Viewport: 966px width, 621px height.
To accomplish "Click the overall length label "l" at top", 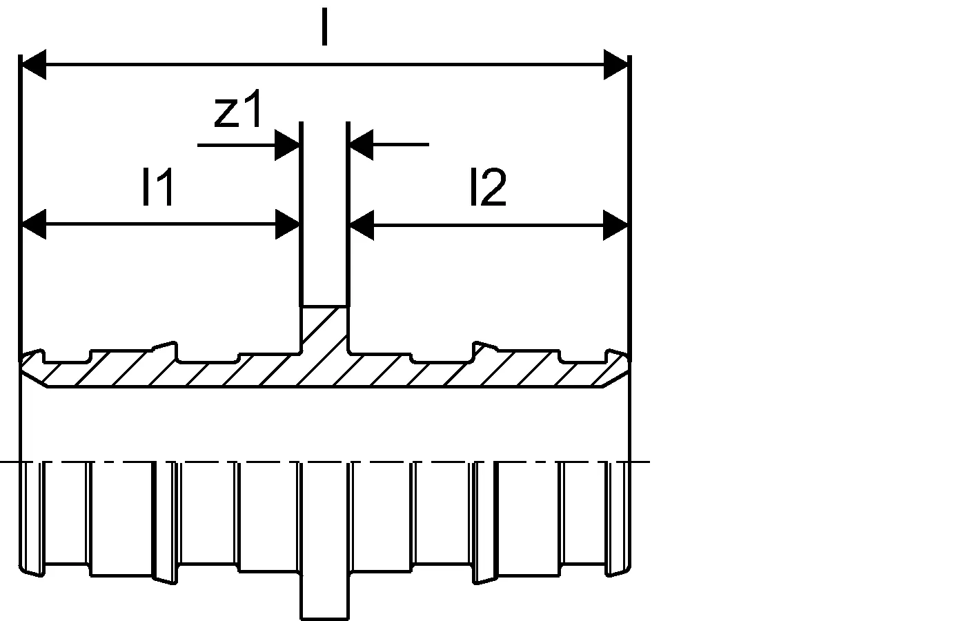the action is (324, 27).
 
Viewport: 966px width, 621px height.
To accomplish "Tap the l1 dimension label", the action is (158, 186).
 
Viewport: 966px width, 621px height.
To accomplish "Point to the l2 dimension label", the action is (489, 186).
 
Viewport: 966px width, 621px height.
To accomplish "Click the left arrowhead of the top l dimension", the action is (34, 65).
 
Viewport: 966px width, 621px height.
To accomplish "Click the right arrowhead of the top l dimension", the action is (615, 65).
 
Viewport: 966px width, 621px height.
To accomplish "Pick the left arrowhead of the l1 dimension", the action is (34, 224).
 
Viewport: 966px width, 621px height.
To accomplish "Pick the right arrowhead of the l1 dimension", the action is (288, 224).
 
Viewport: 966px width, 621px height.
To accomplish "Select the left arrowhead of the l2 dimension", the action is (362, 225).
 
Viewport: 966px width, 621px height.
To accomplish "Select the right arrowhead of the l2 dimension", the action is (615, 225).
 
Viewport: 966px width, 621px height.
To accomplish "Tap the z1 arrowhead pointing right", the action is (287, 145).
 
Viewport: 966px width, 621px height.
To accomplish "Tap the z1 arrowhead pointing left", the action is (361, 144).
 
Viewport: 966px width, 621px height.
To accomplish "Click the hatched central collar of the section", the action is (324, 330).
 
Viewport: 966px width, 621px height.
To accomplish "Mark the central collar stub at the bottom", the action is (324, 598).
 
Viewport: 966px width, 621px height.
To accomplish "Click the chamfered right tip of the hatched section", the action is (617, 368).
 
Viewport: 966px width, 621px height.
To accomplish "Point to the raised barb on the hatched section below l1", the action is (165, 351).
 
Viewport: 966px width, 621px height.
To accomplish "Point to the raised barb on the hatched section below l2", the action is (485, 351).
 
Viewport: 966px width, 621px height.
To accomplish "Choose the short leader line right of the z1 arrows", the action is (401, 144).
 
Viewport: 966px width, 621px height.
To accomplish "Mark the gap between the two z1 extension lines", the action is (324, 213).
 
